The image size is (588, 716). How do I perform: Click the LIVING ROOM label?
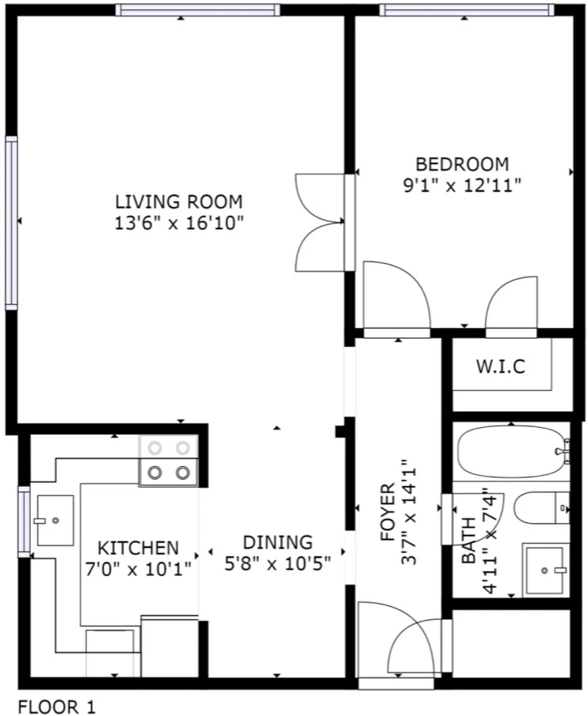pyautogui.click(x=178, y=201)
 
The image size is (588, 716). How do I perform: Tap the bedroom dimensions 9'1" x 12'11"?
pyautogui.click(x=461, y=185)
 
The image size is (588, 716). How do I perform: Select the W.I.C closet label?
pyautogui.click(x=501, y=367)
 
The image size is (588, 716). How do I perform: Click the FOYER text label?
pyautogui.click(x=388, y=513)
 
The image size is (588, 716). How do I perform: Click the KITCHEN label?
pyautogui.click(x=138, y=548)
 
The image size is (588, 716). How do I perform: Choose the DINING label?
pyautogui.click(x=277, y=542)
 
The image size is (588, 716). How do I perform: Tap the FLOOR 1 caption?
pyautogui.click(x=56, y=706)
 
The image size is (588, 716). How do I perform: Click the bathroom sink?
pyautogui.click(x=546, y=569)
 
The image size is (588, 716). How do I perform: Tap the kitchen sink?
pyautogui.click(x=55, y=520)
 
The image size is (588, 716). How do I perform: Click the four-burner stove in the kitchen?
pyautogui.click(x=168, y=461)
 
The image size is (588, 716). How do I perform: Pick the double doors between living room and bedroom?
pyautogui.click(x=321, y=222)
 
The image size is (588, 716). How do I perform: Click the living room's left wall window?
pyautogui.click(x=11, y=222)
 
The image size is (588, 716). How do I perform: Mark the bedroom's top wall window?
pyautogui.click(x=466, y=10)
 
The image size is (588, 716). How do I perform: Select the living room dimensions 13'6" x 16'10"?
pyautogui.click(x=180, y=223)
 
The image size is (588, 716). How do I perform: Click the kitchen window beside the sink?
pyautogui.click(x=23, y=521)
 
